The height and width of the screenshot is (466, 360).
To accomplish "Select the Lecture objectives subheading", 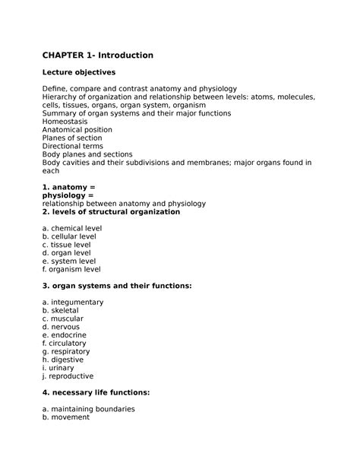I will point(79,72).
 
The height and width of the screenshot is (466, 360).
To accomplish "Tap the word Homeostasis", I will point(65,121).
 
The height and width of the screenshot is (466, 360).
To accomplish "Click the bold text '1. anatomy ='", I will point(69,186).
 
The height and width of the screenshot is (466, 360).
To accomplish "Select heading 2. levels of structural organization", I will point(111,211).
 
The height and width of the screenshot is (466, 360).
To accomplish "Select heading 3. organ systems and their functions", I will point(117,285).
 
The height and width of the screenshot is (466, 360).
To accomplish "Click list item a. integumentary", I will point(73,302).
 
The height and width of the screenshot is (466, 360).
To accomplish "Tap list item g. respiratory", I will point(66,350).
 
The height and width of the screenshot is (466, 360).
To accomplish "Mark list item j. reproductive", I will point(68,376).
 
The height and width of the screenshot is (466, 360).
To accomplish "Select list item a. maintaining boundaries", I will point(89,408).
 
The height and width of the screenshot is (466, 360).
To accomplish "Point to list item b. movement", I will point(66,417).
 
